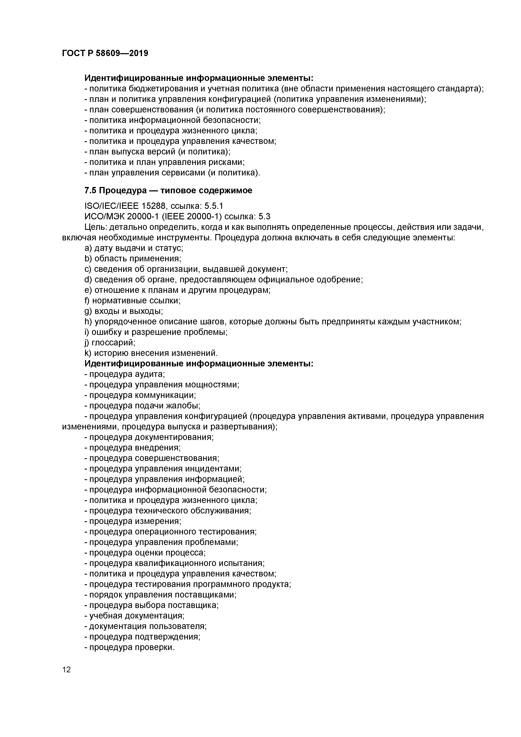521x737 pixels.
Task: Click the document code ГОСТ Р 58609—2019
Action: tap(105, 53)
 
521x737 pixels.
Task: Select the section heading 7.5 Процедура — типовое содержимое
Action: tap(168, 190)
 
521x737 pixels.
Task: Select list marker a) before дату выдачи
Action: tap(88, 248)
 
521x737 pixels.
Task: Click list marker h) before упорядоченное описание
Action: tap(88, 322)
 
